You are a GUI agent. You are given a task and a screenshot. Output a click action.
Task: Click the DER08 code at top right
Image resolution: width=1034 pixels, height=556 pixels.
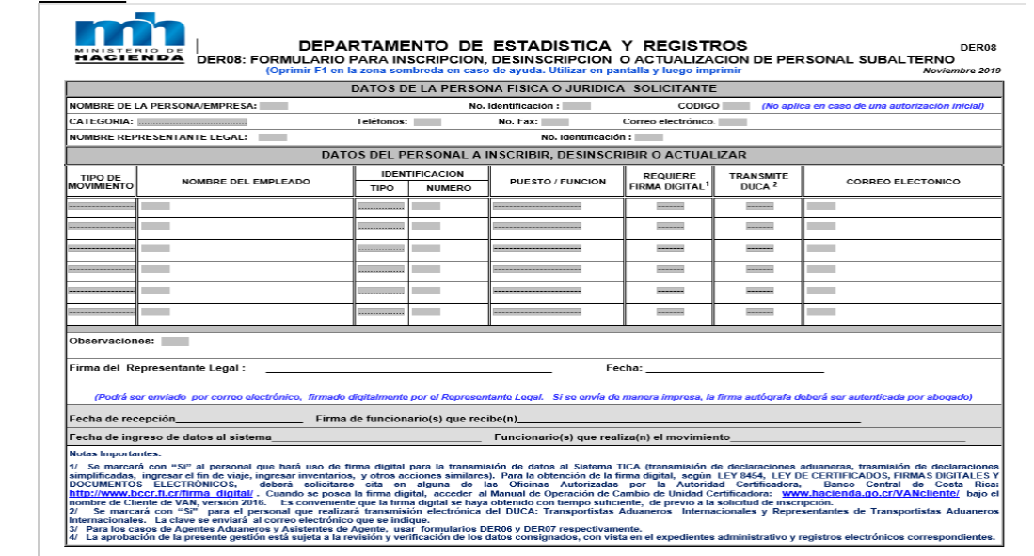click(978, 47)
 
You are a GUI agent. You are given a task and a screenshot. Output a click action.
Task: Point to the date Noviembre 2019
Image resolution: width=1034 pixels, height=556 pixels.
click(962, 71)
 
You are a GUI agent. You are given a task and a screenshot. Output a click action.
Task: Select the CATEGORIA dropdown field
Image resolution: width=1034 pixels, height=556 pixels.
click(192, 122)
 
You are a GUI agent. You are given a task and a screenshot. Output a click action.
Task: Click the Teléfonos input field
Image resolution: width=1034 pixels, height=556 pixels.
click(427, 122)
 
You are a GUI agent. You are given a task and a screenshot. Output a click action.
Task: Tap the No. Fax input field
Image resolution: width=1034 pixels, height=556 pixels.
click(555, 122)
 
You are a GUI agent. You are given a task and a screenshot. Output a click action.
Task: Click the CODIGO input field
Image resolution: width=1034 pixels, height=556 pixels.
click(737, 106)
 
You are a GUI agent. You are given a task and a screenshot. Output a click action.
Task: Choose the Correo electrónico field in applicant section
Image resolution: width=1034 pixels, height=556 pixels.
click(733, 122)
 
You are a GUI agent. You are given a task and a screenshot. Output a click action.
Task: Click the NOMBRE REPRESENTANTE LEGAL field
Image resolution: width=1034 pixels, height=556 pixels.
click(273, 137)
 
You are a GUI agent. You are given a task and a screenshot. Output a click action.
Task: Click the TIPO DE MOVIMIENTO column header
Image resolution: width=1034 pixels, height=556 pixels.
click(101, 181)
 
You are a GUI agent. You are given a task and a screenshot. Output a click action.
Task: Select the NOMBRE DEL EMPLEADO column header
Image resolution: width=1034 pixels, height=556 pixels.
click(246, 181)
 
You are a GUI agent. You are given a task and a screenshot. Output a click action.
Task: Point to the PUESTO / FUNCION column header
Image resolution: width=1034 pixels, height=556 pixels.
click(557, 181)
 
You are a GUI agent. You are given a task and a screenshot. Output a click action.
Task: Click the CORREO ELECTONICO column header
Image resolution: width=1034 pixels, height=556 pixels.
click(902, 181)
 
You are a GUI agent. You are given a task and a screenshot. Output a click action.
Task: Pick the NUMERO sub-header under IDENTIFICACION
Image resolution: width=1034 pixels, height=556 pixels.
click(447, 188)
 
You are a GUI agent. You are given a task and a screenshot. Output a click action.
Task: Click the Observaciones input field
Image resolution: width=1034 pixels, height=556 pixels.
click(175, 342)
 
